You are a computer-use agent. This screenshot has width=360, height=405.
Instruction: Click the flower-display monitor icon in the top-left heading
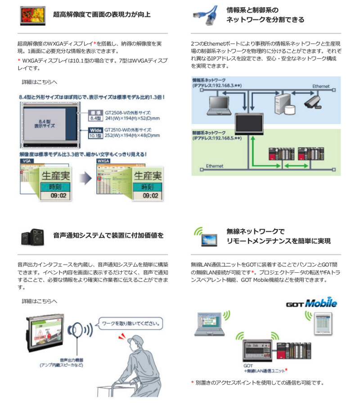(x=33, y=15)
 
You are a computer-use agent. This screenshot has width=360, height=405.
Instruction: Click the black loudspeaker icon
(x=32, y=236)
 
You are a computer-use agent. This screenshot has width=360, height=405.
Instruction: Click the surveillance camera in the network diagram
(x=313, y=101)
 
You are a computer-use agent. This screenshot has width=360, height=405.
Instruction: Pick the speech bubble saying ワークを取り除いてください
(x=130, y=323)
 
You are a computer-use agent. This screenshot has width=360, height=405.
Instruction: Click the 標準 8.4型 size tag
(x=94, y=116)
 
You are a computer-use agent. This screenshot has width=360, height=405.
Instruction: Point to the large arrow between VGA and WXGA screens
(x=85, y=179)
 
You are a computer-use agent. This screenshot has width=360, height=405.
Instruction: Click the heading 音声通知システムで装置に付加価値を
(x=108, y=235)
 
